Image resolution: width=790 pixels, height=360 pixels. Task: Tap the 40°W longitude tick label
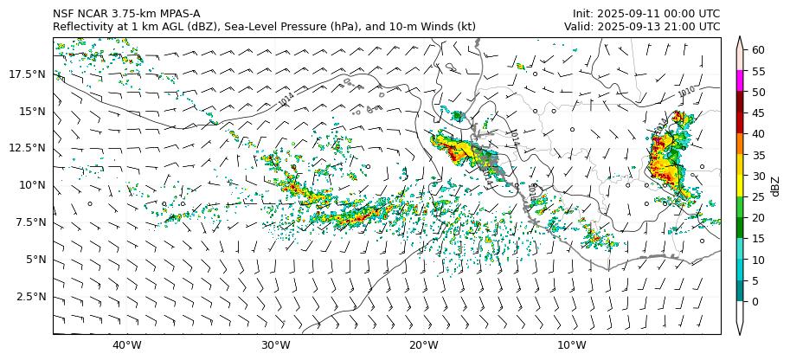127,345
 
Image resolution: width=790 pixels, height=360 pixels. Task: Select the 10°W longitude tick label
572,345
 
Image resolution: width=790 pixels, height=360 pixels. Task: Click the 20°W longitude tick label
423,345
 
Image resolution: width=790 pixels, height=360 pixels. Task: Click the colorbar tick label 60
758,50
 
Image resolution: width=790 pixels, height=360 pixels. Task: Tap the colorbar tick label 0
755,302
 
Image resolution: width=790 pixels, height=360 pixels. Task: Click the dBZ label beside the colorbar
775,186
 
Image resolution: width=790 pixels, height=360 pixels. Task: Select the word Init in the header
584,14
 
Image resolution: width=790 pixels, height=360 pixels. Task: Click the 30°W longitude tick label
275,345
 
